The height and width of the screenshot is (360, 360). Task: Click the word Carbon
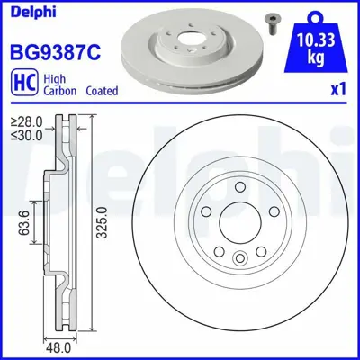coord(65,91)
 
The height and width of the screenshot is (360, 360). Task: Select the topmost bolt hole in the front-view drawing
coord(240,187)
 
